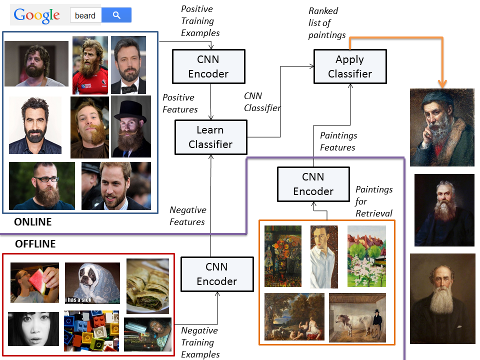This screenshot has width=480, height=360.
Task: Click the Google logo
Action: [36, 15]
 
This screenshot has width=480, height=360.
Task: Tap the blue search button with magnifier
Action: [116, 15]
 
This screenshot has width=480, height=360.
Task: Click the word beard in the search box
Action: [85, 15]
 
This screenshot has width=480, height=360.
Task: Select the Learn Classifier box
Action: [210, 137]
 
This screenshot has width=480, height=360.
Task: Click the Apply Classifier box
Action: [350, 66]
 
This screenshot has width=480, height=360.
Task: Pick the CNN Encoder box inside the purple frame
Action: [313, 184]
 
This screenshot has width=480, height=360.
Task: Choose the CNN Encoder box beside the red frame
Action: [217, 274]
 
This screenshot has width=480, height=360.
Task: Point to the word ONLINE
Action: [33, 221]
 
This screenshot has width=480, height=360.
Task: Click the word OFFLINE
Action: [35, 243]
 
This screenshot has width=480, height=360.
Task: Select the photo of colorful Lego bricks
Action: [91, 330]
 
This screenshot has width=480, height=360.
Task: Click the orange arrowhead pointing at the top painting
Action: [442, 83]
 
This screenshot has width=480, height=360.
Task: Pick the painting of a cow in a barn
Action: [357, 317]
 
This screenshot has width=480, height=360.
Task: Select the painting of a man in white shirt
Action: [324, 257]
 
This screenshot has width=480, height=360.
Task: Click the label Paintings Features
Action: [338, 141]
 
